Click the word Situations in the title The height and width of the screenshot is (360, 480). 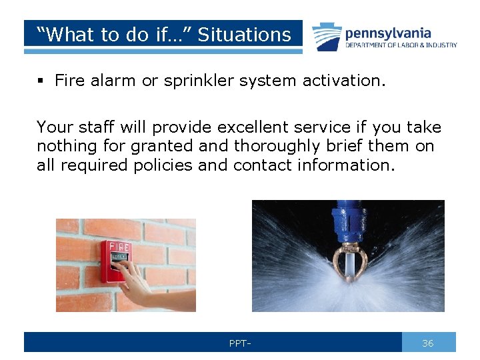pos(245,35)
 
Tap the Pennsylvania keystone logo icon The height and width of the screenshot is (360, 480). pos(327,37)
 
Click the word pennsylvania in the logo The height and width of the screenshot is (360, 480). pos(388,33)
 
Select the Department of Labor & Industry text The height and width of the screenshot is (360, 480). pos(401,45)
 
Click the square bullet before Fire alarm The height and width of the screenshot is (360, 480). pos(41,81)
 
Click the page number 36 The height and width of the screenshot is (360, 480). pos(428,343)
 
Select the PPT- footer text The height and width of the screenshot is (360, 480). pos(239,343)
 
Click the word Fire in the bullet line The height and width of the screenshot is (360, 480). pos(69,81)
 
